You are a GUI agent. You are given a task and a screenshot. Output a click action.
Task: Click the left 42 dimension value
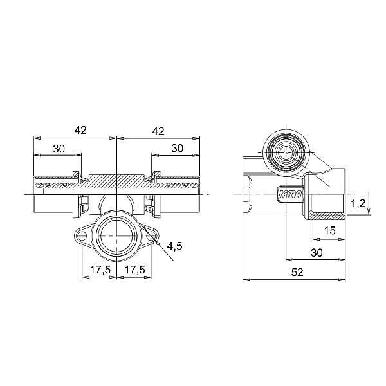click(x=80, y=130)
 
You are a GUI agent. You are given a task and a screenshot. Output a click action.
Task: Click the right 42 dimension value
click(x=158, y=131)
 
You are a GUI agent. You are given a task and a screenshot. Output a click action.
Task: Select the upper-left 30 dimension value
click(x=59, y=149)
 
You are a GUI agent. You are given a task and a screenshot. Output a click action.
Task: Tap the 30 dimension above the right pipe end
click(x=178, y=148)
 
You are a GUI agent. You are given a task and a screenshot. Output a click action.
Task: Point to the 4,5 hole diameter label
click(x=174, y=246)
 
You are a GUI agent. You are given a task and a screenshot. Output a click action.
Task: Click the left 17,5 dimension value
click(x=100, y=270)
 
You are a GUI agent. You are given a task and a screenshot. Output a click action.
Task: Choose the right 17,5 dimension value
click(x=134, y=270)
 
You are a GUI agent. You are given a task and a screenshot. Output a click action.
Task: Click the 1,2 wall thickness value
click(x=358, y=203)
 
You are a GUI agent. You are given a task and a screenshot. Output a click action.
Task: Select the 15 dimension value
click(x=329, y=231)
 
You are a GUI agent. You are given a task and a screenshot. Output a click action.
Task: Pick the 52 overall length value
click(x=297, y=272)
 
